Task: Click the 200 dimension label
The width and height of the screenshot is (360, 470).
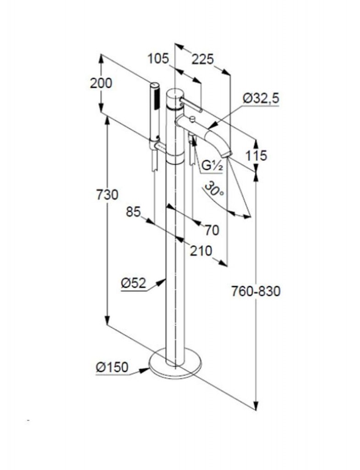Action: click(x=101, y=83)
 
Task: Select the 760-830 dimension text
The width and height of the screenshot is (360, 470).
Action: click(x=256, y=291)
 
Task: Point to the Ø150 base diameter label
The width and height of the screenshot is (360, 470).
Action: click(x=112, y=367)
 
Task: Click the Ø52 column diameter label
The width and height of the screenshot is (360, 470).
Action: click(x=133, y=283)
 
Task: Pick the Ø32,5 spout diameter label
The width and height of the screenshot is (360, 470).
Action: click(x=261, y=98)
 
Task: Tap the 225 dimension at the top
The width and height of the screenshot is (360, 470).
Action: click(x=203, y=59)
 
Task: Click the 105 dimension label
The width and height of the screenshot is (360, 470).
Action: click(x=158, y=58)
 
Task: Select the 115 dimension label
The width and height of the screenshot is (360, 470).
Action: click(x=256, y=156)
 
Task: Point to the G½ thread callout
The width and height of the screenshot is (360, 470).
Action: click(x=212, y=166)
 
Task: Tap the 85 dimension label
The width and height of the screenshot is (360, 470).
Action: click(x=133, y=212)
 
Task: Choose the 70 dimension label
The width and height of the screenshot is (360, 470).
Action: click(x=212, y=230)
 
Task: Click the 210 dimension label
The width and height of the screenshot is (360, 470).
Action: click(x=201, y=251)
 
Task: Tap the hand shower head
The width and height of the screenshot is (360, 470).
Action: click(x=155, y=111)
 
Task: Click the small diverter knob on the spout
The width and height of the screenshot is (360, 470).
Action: click(x=192, y=119)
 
